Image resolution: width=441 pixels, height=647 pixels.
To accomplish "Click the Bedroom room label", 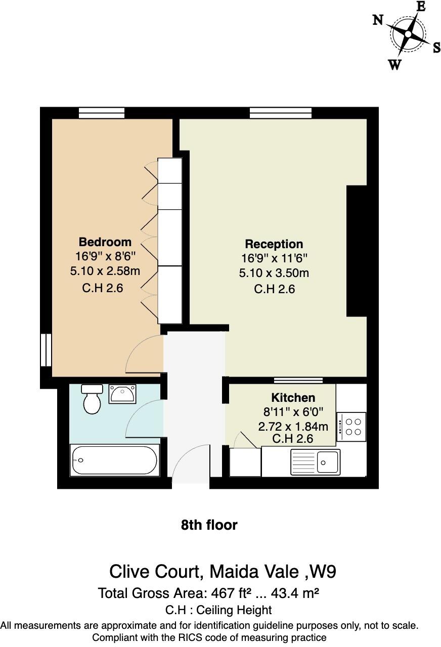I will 105,242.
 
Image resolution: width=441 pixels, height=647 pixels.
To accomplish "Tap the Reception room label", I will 274,244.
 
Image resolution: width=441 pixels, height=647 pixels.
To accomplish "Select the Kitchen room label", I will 293,398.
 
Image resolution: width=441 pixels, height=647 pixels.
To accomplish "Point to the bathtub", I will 115,460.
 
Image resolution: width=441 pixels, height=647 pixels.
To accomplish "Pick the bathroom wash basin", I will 122,393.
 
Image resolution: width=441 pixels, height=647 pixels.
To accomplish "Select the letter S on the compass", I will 436,48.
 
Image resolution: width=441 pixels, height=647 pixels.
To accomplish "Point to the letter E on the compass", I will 421,7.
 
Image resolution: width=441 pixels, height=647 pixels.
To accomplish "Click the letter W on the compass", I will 394,65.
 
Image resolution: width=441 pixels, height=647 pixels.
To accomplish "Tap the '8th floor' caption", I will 209,525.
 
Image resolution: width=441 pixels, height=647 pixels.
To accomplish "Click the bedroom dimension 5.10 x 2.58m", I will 105,271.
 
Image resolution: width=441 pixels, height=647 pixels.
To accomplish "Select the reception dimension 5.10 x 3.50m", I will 274,273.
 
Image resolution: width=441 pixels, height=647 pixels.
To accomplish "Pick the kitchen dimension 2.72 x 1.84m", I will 293,427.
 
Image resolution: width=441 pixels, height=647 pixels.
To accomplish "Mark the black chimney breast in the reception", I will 356,251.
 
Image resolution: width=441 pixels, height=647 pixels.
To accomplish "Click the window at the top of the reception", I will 281,113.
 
